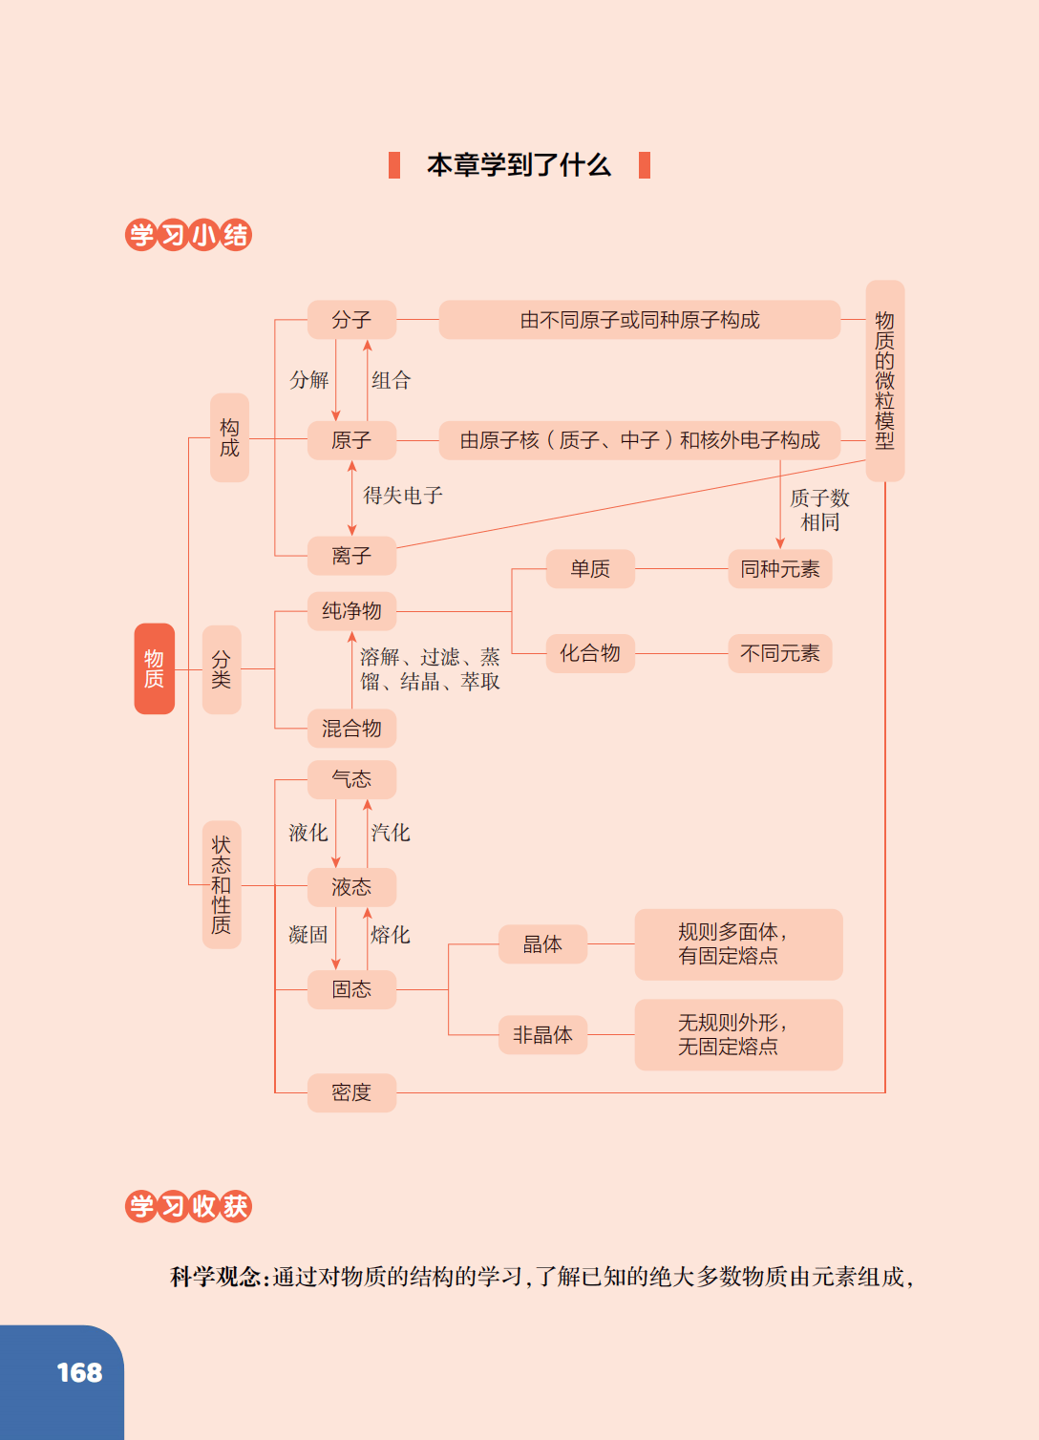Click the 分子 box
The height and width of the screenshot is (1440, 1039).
(351, 320)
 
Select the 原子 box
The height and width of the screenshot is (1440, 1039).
(351, 440)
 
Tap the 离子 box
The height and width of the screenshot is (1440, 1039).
(351, 556)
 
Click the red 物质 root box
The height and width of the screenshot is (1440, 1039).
(154, 668)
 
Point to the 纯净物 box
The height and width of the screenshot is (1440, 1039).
(351, 611)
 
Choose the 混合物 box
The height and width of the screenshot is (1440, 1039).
(351, 729)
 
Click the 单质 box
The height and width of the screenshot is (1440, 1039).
(590, 569)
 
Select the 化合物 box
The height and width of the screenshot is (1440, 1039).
(590, 653)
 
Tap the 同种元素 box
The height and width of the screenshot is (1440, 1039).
(779, 569)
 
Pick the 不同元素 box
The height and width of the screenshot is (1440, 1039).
(779, 653)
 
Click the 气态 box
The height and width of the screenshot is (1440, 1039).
(351, 779)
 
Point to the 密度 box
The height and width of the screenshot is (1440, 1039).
(351, 1092)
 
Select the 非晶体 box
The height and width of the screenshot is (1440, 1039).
(542, 1035)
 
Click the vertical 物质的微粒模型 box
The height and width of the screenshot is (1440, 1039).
(885, 380)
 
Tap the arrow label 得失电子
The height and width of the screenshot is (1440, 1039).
(403, 496)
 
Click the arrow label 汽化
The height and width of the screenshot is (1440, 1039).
(391, 833)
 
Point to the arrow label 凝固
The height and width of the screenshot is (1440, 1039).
(307, 935)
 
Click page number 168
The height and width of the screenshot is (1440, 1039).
(79, 1373)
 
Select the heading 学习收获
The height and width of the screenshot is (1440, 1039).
(188, 1206)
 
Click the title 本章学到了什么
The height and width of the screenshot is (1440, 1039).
(519, 165)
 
